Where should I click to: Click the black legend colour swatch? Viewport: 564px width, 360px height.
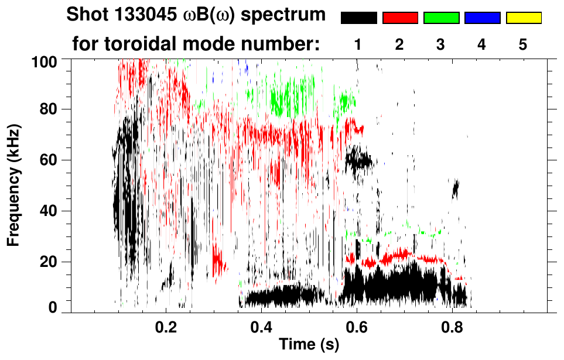click(x=358, y=18)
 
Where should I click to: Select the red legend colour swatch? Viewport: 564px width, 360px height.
click(x=400, y=18)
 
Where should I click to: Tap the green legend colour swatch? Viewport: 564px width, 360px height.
click(x=441, y=18)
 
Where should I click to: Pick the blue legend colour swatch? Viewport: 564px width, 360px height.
click(x=482, y=18)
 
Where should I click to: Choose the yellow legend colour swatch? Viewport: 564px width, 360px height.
click(x=524, y=18)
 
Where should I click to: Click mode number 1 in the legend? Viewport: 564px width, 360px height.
click(x=358, y=44)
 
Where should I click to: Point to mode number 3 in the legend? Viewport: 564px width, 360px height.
click(x=441, y=44)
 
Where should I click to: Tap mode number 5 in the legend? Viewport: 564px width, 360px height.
click(x=523, y=44)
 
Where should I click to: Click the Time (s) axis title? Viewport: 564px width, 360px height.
click(x=309, y=345)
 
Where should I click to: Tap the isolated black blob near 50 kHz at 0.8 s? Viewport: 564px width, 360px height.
click(x=456, y=188)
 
